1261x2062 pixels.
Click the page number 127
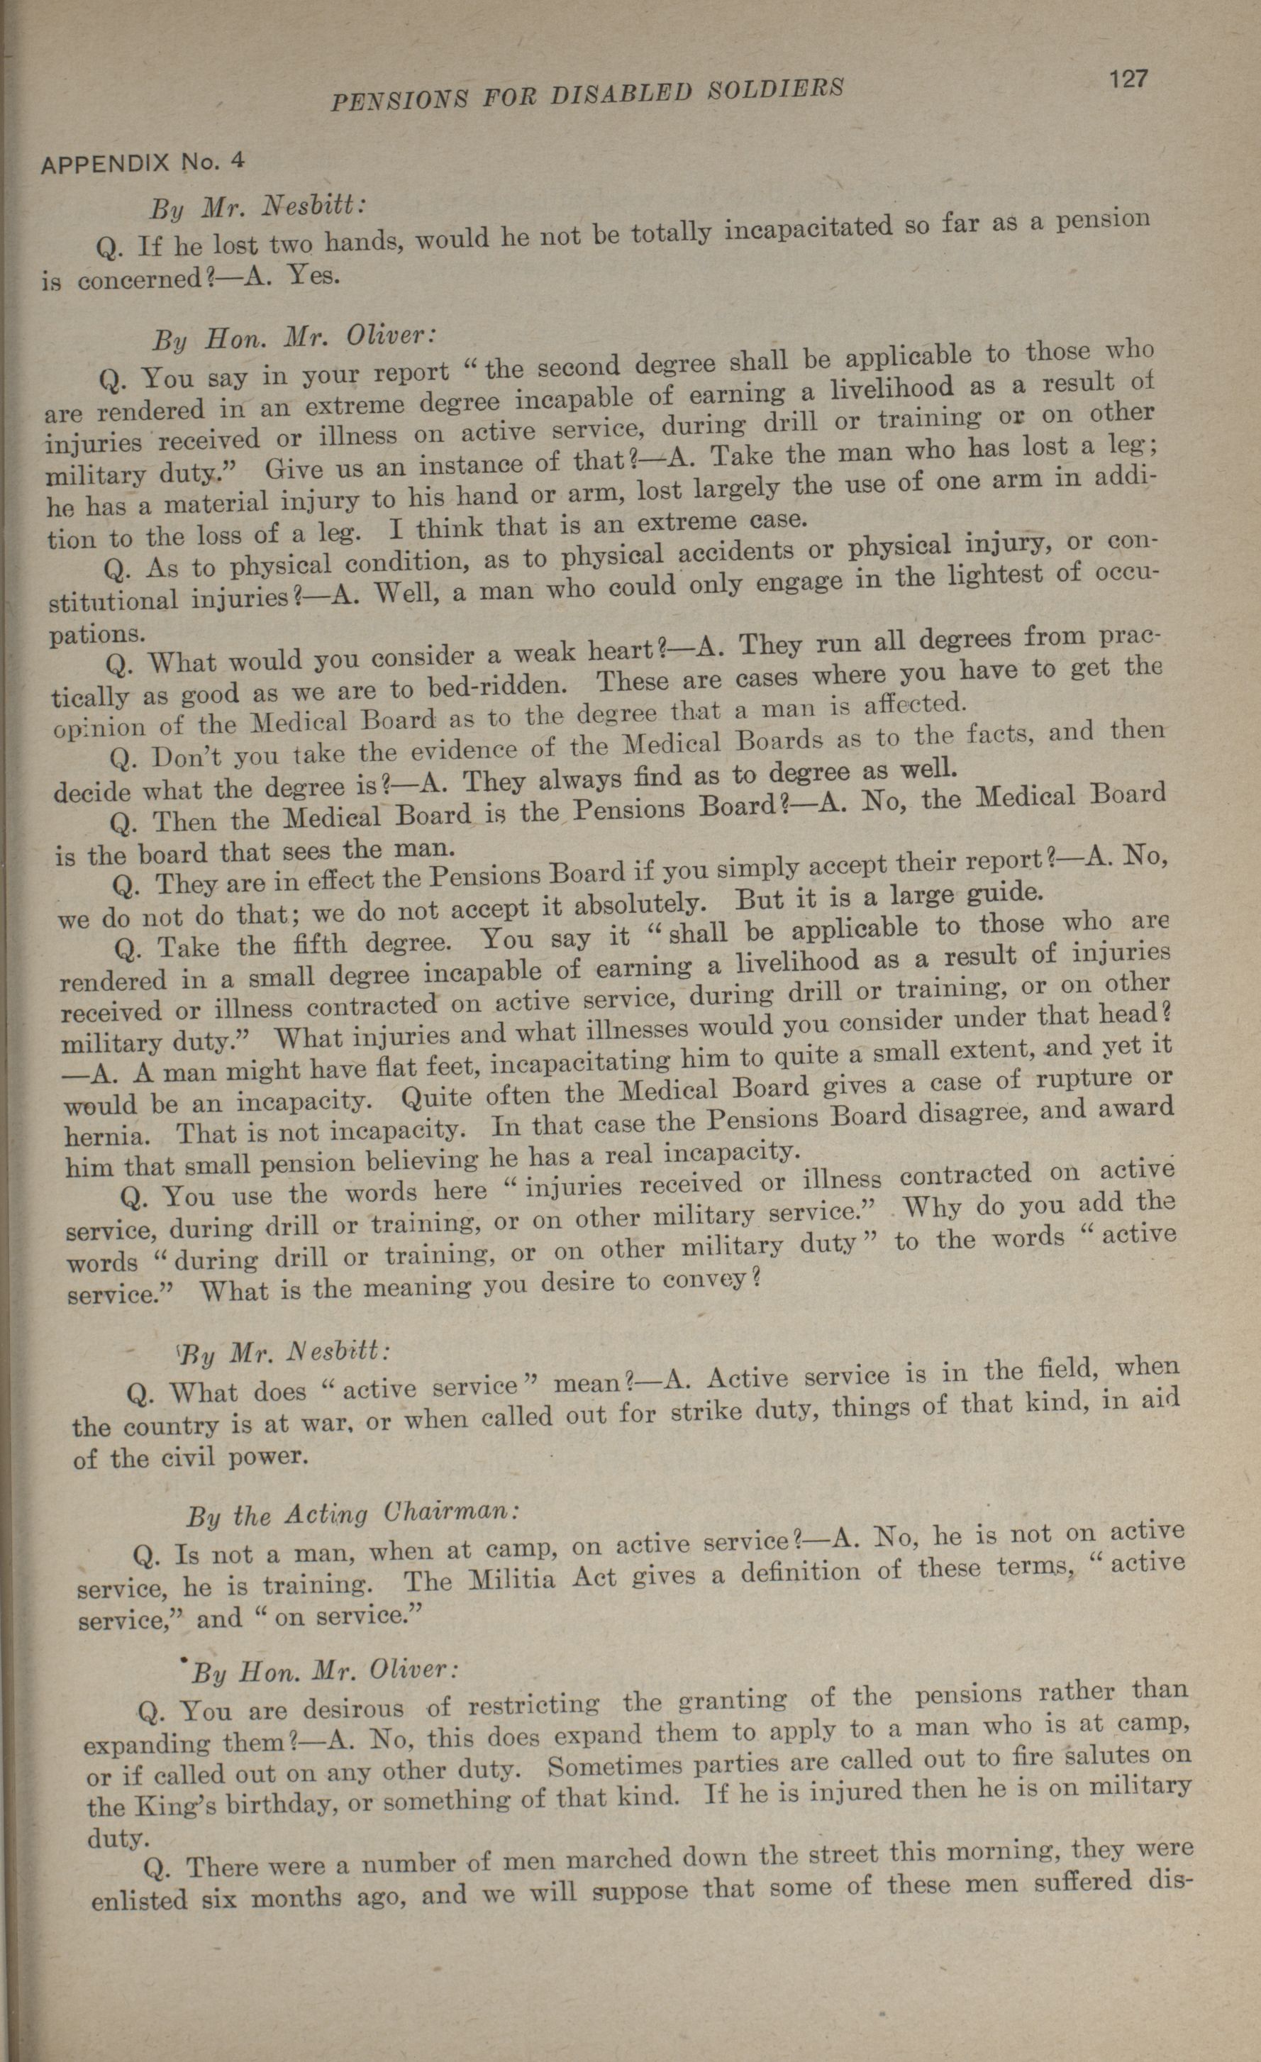coord(1126,80)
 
